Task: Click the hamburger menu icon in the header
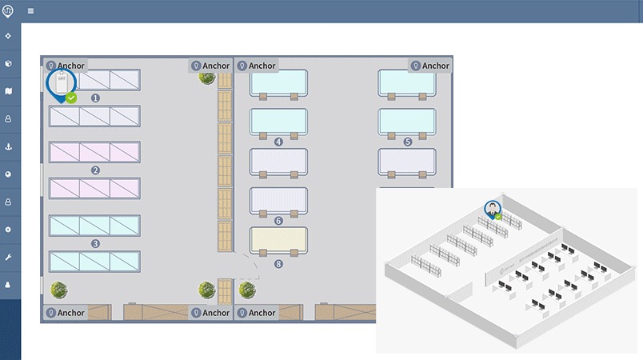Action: point(30,11)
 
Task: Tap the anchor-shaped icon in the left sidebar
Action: point(9,147)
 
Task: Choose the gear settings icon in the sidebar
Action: point(9,230)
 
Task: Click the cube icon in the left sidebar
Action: point(9,63)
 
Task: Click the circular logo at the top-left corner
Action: point(9,10)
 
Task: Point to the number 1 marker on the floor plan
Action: point(95,98)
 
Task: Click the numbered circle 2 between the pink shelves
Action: point(95,170)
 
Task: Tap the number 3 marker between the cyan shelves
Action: point(95,243)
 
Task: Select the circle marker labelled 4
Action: point(278,142)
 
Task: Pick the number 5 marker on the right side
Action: point(407,142)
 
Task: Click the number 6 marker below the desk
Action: point(278,220)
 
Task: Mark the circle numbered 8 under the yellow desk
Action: point(278,263)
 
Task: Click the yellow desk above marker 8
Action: point(278,240)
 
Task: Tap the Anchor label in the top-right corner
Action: point(429,66)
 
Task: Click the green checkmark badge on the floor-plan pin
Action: point(71,98)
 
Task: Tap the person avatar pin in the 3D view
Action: point(491,209)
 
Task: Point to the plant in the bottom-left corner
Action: point(58,289)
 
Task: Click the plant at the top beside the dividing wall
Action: point(206,77)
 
